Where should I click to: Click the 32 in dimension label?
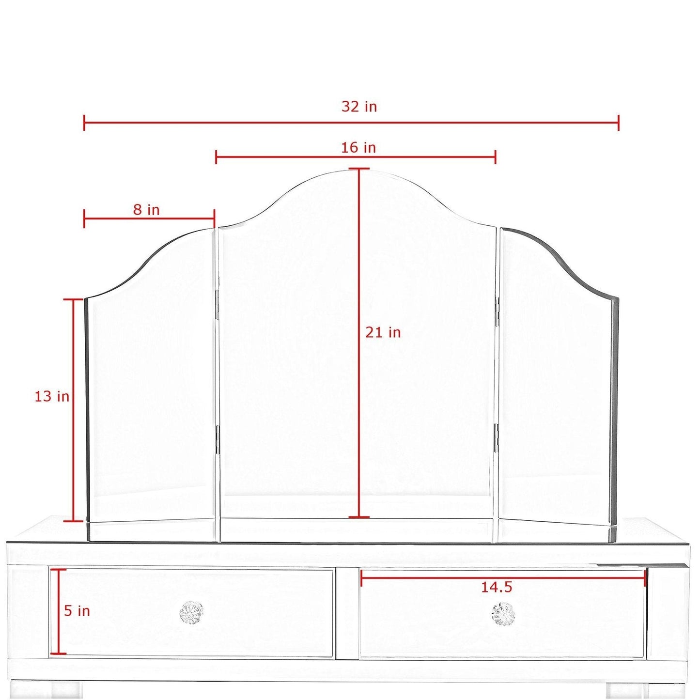[359, 107]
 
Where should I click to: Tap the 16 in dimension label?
[358, 147]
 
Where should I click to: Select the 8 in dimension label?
[146, 210]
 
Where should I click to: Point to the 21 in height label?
[383, 332]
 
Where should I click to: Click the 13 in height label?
[52, 396]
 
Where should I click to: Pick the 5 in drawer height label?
[77, 611]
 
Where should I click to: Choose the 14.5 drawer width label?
[496, 587]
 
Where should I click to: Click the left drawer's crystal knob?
[191, 613]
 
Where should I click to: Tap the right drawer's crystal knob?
[503, 614]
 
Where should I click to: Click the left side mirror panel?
[150, 388]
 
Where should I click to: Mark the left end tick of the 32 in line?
[84, 123]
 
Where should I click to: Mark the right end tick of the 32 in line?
[619, 123]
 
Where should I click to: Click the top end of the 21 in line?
[359, 169]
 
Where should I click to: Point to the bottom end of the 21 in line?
[359, 517]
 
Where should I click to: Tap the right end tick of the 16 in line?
[495, 156]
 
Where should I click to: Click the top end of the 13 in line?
[74, 300]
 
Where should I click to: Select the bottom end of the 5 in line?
[59, 653]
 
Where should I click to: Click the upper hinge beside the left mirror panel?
[217, 305]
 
